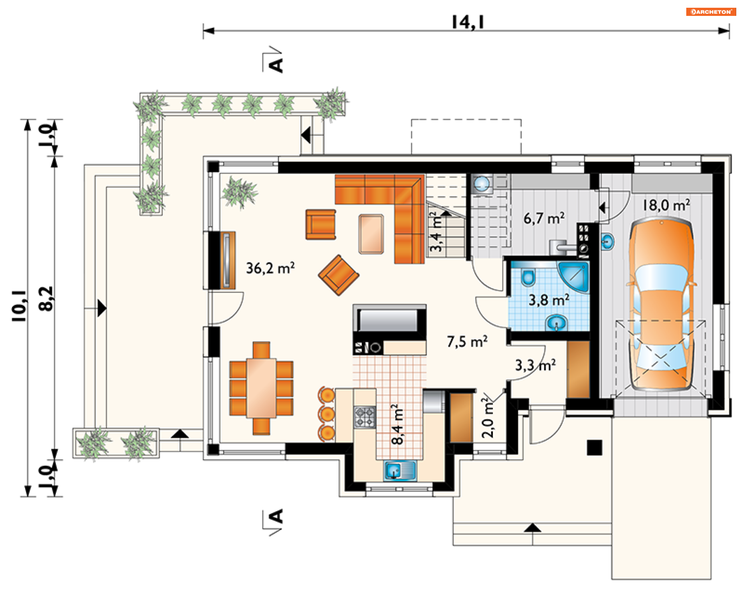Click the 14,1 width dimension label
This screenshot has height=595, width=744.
point(468,22)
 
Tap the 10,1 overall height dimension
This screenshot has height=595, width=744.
point(19,306)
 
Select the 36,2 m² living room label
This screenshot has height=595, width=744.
point(270,268)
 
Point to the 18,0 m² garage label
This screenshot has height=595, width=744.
point(666,205)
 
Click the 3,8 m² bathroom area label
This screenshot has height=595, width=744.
point(549,299)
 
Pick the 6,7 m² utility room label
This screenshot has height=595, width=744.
point(544,218)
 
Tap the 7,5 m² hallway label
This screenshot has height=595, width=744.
point(467,341)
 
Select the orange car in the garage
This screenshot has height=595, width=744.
point(661,304)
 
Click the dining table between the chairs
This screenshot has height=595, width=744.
point(262,388)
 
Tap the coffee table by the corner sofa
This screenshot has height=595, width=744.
point(371,234)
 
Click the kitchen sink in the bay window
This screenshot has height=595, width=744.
point(400,471)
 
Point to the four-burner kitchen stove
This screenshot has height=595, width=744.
point(365,417)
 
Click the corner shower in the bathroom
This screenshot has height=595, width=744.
point(573,276)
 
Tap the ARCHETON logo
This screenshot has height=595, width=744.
point(711,12)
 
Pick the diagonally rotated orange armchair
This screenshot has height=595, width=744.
point(339,275)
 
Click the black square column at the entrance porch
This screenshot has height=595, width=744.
point(594,447)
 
